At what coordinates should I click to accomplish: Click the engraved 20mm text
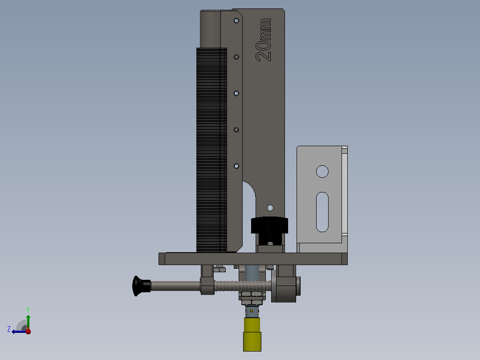264,40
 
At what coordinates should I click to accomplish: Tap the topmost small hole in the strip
236,21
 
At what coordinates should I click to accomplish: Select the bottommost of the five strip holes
236,166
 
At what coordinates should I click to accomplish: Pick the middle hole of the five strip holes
236,94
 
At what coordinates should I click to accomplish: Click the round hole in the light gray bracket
322,172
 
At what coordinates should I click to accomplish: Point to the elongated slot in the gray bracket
322,212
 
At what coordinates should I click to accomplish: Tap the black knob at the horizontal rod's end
141,286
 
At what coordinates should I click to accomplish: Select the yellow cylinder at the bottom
252,335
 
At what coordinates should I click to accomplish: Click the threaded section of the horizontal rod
243,286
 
